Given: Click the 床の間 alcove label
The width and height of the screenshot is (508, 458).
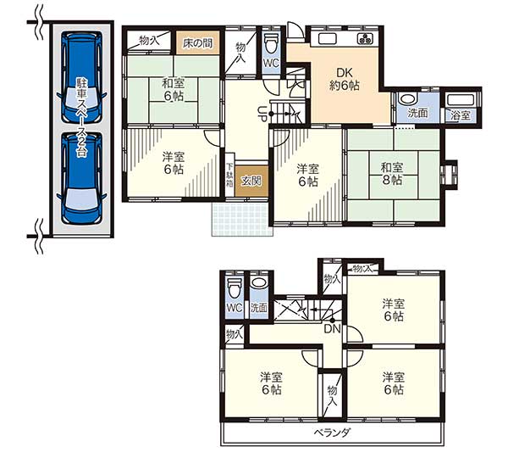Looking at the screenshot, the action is pos(197,43).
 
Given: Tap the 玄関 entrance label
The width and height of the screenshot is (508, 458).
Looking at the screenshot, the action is pos(251,182).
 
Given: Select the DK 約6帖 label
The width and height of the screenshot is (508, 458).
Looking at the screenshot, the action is pos(345,79).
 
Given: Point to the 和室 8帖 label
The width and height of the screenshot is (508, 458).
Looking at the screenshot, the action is pos(392,174).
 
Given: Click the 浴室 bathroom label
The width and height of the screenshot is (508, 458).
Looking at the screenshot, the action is pos(461,115).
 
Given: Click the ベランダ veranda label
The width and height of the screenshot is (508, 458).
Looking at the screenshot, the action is pos(332,433).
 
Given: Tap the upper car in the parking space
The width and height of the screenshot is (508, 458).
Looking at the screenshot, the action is pos(81,77).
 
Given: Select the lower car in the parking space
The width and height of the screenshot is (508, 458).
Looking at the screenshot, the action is pos(81,177).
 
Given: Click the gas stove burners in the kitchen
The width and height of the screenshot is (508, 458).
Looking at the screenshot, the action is pos(366,39).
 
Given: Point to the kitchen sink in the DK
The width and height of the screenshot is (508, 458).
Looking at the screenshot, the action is pos(329,39).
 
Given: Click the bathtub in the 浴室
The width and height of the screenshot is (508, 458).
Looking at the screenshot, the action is pos(461,100).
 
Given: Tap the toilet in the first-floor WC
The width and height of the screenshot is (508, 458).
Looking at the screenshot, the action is pos(271,44).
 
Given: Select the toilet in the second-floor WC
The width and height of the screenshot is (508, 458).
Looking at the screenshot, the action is pos(235,288).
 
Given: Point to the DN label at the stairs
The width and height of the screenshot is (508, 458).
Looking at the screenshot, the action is pos(333,329).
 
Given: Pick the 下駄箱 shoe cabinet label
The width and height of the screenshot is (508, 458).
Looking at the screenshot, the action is pos(229,175).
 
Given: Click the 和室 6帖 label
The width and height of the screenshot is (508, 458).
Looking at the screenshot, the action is pos(174,90).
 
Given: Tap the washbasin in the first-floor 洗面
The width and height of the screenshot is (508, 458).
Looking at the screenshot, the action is pos(407,98).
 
